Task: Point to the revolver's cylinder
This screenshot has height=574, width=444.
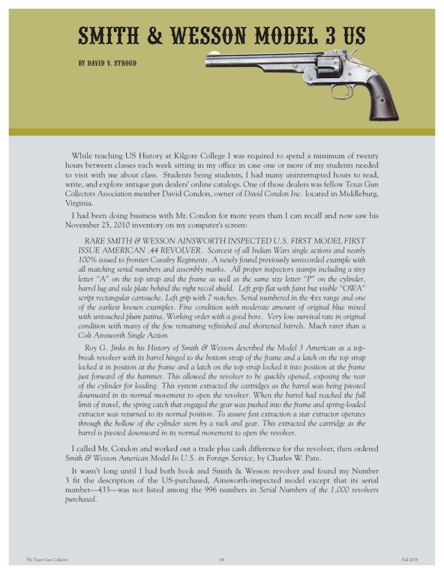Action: (x=329, y=67)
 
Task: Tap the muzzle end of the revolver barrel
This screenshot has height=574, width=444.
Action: (x=209, y=59)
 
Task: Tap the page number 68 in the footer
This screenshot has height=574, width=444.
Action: (x=222, y=559)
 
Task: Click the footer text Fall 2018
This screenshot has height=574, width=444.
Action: (x=410, y=559)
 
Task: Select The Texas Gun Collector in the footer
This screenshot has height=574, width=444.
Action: (x=47, y=559)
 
